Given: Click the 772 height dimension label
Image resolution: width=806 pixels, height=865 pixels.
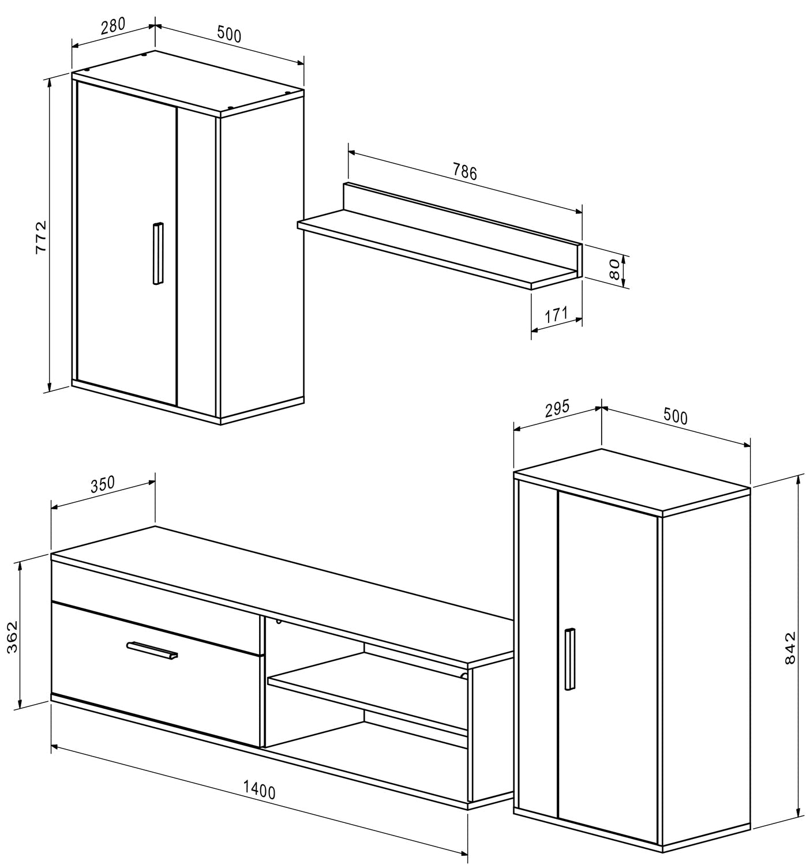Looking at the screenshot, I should [x=41, y=236].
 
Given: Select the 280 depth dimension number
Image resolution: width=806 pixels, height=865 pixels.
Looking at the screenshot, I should [x=113, y=27].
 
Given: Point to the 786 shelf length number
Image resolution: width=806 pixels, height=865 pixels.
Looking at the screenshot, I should [x=464, y=171].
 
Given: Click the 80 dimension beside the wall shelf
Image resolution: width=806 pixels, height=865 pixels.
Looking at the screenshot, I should [x=614, y=269].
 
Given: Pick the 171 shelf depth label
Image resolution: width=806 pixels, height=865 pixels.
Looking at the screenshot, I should [x=556, y=315].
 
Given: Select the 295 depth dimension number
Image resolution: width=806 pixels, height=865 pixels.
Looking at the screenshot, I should [x=557, y=407].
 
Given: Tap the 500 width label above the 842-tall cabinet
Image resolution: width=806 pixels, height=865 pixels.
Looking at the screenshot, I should [x=675, y=416].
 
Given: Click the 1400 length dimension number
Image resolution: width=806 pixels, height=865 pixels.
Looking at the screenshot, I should [x=259, y=789].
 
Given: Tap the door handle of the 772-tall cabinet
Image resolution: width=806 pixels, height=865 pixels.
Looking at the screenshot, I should [x=158, y=253].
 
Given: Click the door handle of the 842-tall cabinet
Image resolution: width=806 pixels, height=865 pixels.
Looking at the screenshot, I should [x=570, y=659].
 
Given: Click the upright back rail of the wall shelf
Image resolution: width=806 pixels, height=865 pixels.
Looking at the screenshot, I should [x=462, y=214].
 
